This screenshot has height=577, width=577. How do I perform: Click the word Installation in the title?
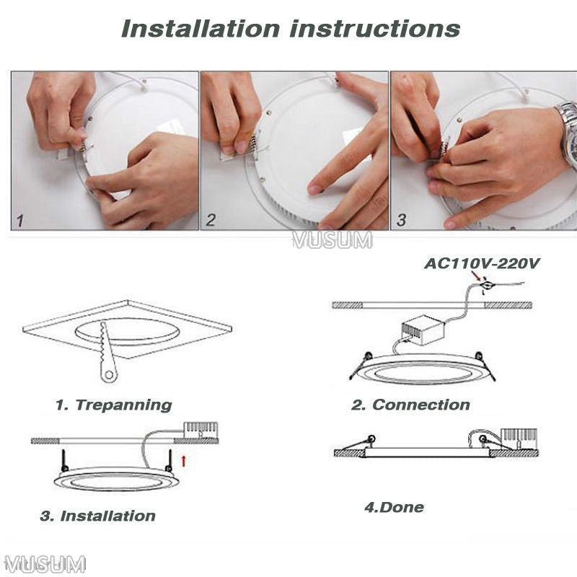[200, 29]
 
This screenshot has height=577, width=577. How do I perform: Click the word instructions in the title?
[375, 29]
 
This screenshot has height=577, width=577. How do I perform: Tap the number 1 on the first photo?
[21, 221]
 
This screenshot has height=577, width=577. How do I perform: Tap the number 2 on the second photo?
[211, 221]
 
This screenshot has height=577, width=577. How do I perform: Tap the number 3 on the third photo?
[401, 221]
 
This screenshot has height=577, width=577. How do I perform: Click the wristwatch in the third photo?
[568, 133]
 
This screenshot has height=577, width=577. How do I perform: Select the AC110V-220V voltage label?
[482, 263]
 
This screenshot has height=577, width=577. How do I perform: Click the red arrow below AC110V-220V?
[477, 276]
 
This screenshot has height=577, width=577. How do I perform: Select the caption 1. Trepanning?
[113, 405]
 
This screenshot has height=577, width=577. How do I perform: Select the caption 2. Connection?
[410, 405]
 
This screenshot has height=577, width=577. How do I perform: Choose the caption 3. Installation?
[97, 516]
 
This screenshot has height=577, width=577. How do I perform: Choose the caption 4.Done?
[394, 507]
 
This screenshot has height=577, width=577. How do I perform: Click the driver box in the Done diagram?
[519, 437]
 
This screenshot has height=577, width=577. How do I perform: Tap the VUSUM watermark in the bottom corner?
[45, 563]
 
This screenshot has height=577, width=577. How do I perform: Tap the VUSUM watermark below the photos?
[332, 241]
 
